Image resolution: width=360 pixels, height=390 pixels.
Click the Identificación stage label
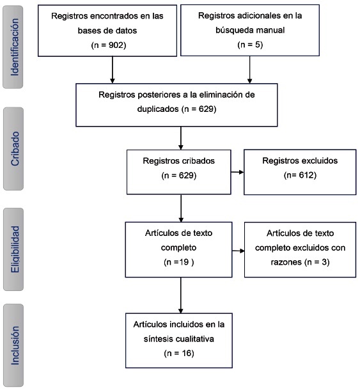pos(15,47)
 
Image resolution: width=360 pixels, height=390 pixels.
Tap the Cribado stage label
pos(15,148)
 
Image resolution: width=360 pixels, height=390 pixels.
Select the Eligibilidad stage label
pos(15,249)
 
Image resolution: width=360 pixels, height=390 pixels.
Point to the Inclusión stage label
pos(15,345)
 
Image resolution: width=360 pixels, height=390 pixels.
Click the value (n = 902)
pos(109,45)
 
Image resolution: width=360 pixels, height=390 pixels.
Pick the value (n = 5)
pos(250,45)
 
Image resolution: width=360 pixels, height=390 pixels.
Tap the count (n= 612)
pos(300,175)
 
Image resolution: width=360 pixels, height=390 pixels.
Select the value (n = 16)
pos(179,353)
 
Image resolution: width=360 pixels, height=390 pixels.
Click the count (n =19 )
pos(179,262)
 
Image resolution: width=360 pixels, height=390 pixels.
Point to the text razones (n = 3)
pos(300,262)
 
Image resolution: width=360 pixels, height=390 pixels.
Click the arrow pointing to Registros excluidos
pos(237,172)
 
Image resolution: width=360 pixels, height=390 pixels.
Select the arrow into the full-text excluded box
pos(238,251)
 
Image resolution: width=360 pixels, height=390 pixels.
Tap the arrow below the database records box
pos(113,70)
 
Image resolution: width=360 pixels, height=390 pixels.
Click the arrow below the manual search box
pos(250,70)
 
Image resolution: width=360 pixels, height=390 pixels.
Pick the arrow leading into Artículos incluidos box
pos(181,295)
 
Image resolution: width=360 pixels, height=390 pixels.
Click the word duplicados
pos(158,109)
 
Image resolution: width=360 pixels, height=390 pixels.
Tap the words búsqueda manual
pos(250,30)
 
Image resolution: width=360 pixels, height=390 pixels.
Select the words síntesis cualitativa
pos(179,339)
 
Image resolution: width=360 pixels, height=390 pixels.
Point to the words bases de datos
pos(107,31)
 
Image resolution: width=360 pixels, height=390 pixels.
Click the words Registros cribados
pos(179,161)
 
